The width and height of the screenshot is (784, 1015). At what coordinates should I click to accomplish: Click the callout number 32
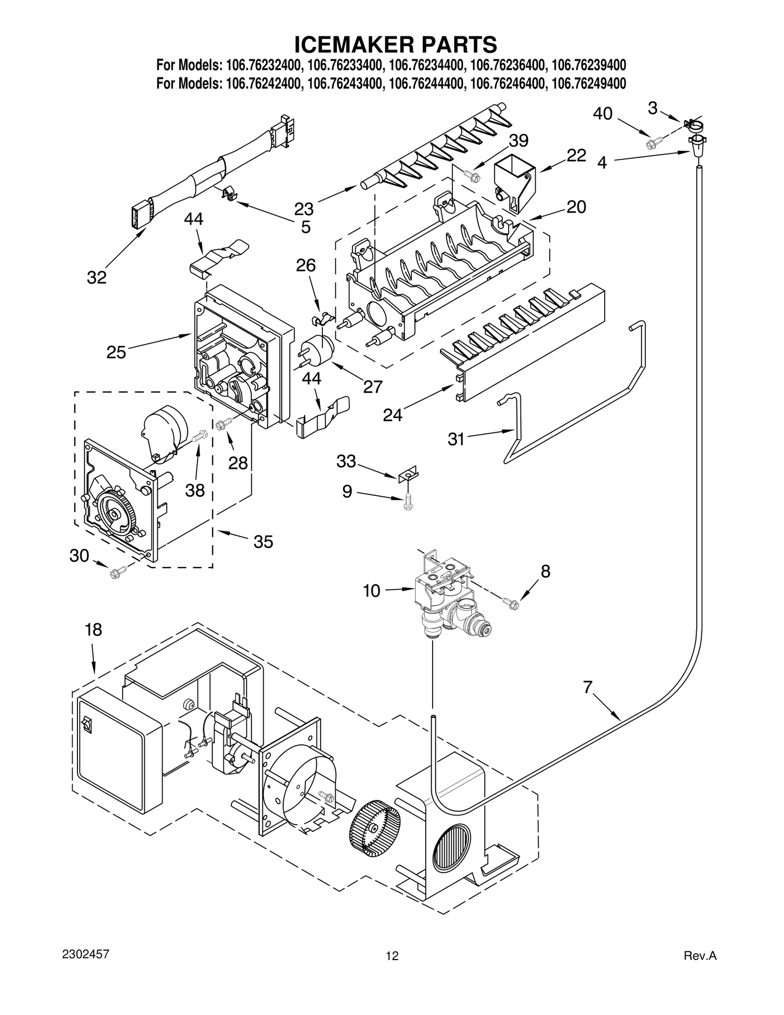click(x=97, y=277)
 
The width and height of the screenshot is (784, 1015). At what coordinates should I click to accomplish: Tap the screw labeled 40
click(x=652, y=143)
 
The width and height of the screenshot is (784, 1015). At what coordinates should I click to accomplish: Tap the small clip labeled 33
click(x=408, y=473)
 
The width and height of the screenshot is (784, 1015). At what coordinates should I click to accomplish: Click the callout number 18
click(x=93, y=629)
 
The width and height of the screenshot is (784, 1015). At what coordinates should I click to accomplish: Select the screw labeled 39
click(x=471, y=174)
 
